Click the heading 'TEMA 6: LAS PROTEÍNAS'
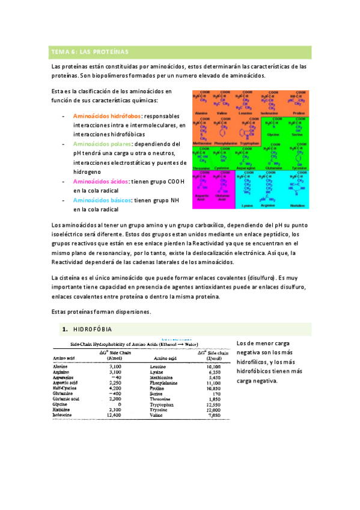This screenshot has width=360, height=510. click(87, 52)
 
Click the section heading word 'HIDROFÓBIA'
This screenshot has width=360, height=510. click(92, 330)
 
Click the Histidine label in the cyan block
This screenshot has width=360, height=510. click(296, 205)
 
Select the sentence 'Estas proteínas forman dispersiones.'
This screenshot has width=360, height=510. click(101, 312)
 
